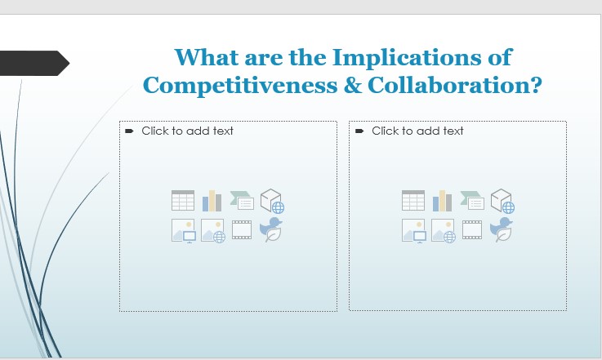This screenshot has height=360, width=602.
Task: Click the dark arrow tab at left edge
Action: tap(33, 63)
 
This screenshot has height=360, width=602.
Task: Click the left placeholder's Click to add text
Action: tap(187, 131)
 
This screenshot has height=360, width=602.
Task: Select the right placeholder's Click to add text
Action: tap(417, 131)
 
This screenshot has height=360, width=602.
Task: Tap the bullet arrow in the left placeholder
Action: tap(129, 131)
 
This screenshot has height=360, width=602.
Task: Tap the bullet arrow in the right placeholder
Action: tap(359, 131)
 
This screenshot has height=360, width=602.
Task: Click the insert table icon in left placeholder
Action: tap(183, 201)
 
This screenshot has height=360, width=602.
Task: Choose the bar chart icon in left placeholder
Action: tap(212, 201)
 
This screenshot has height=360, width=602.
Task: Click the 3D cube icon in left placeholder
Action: tap(271, 201)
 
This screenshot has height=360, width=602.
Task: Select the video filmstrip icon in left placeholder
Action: tap(242, 230)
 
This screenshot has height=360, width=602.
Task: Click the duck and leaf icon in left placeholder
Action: tap(271, 230)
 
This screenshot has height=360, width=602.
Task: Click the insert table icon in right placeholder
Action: tap(413, 201)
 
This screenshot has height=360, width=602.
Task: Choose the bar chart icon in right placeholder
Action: tap(443, 201)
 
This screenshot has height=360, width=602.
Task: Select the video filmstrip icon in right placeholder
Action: tap(472, 230)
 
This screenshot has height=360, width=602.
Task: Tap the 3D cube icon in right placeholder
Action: tap(502, 201)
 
